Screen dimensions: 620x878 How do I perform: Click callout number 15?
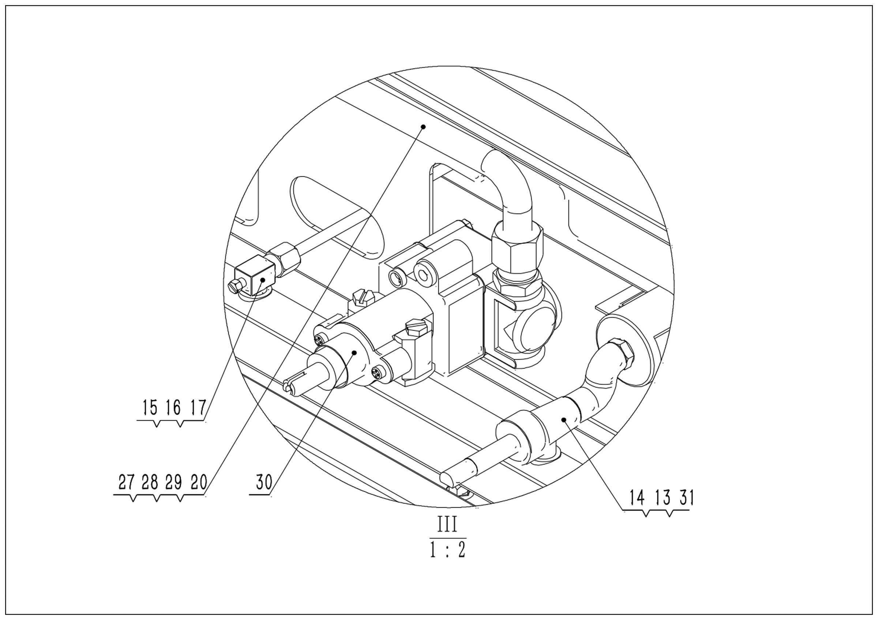[x=150, y=408]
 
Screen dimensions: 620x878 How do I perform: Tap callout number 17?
[x=198, y=408]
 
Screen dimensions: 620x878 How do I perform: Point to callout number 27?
[x=127, y=482]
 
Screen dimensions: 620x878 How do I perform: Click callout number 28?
[x=150, y=482]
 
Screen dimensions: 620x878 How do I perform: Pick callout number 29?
[x=173, y=482]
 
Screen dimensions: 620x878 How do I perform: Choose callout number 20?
[x=199, y=482]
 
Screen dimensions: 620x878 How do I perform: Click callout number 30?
[x=264, y=482]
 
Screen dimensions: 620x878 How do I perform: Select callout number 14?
[x=637, y=498]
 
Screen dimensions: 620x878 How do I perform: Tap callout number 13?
[x=662, y=498]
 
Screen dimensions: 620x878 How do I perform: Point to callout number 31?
[x=686, y=498]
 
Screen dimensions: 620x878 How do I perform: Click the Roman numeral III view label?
[x=447, y=525]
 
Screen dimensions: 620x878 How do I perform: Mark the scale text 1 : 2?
[x=447, y=550]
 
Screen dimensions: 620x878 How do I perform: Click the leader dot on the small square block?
[x=263, y=280]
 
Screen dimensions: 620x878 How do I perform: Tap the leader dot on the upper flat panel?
[x=423, y=126]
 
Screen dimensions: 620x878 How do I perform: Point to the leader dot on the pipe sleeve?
[x=563, y=419]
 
